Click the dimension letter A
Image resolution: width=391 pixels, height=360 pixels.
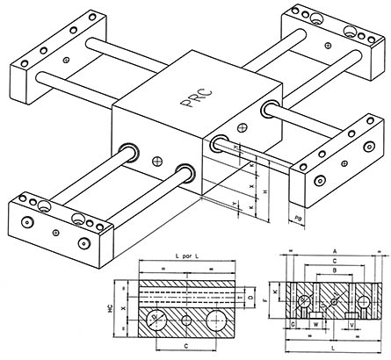coord(335,249)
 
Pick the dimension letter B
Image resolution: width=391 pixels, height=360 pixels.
coord(335,272)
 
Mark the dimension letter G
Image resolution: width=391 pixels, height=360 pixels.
coord(292,324)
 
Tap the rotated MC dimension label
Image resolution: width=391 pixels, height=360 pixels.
coord(122,308)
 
